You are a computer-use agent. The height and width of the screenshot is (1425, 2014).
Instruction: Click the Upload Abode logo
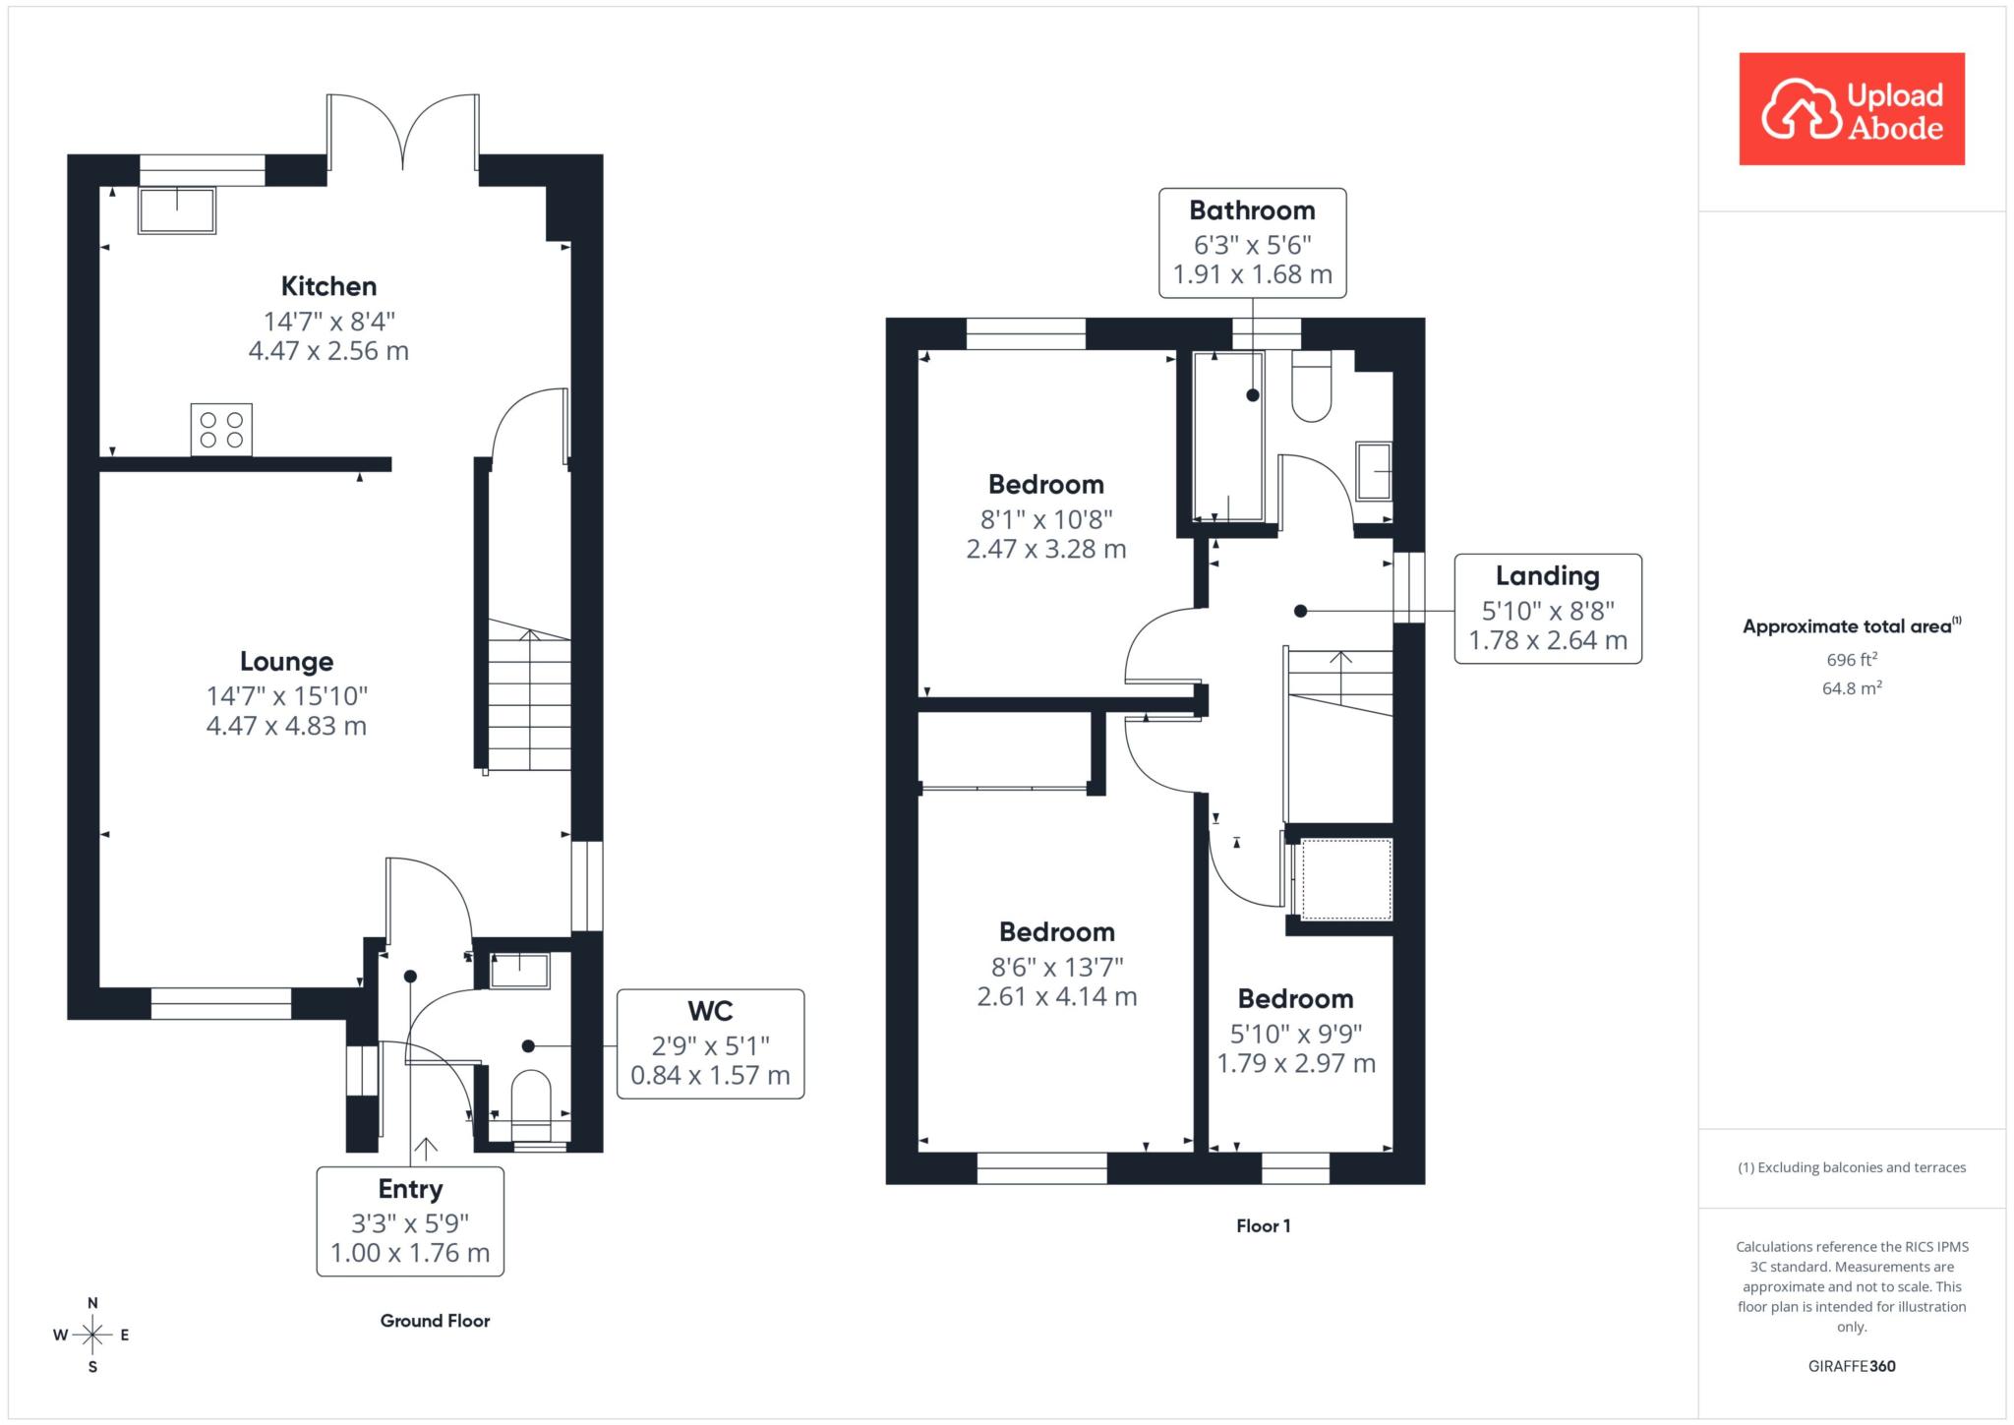[1852, 108]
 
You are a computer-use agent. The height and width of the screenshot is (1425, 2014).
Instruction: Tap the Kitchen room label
[328, 286]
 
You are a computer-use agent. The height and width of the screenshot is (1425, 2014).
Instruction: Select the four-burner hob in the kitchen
[221, 430]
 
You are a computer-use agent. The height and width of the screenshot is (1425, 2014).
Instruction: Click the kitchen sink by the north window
[177, 209]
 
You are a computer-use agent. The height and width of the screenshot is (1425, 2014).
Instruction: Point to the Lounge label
[286, 661]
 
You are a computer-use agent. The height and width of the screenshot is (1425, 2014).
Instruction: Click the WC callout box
[710, 1043]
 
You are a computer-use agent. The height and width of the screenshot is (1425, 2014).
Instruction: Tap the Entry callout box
[410, 1221]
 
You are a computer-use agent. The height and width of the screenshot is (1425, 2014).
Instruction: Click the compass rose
[92, 1335]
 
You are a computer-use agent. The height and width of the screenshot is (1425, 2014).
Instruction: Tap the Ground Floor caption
[435, 1321]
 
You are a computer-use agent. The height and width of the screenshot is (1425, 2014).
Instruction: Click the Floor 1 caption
[1263, 1225]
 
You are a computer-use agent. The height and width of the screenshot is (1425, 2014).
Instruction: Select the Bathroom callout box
[1253, 243]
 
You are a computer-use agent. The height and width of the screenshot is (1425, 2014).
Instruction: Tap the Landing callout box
[1548, 609]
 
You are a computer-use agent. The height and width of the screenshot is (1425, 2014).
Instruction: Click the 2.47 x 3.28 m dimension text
[1046, 549]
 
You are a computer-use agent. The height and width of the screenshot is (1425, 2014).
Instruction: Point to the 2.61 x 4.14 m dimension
[1057, 996]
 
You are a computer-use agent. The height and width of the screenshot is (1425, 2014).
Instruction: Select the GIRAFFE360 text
[1852, 1366]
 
